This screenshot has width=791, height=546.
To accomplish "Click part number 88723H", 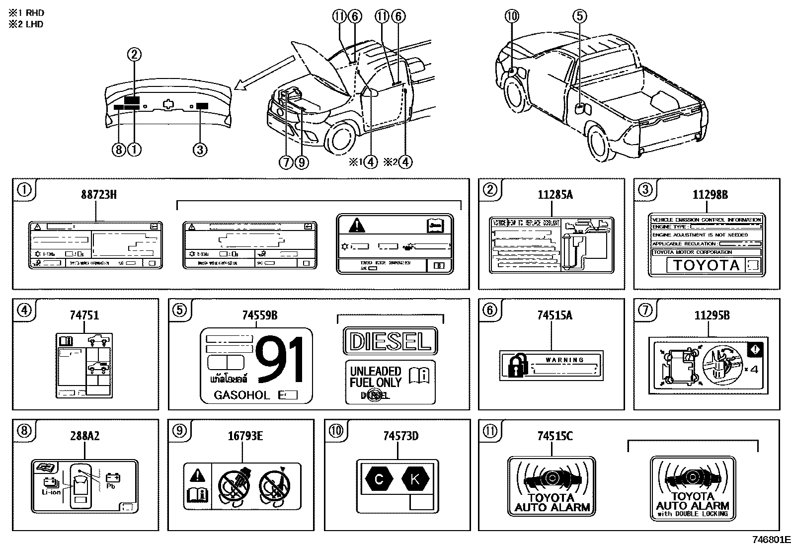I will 98,194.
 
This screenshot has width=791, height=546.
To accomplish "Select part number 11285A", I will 554,194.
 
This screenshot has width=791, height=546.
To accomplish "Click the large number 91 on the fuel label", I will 279,359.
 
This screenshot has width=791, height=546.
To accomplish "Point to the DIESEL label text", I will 390,341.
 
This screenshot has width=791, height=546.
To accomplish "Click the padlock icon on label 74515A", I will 515,365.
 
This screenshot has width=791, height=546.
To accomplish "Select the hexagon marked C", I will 379,479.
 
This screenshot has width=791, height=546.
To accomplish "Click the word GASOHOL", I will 241,395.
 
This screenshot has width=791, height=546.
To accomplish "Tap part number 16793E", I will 245,436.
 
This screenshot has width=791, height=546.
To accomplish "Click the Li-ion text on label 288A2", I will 51,492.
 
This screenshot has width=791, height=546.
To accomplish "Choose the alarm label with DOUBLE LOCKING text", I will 693,489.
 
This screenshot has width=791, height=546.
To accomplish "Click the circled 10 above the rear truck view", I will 511,16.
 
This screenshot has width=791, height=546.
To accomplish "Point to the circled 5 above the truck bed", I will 579,16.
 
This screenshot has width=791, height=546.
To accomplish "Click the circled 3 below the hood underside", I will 199,149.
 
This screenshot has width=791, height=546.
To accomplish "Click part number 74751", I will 84,315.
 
